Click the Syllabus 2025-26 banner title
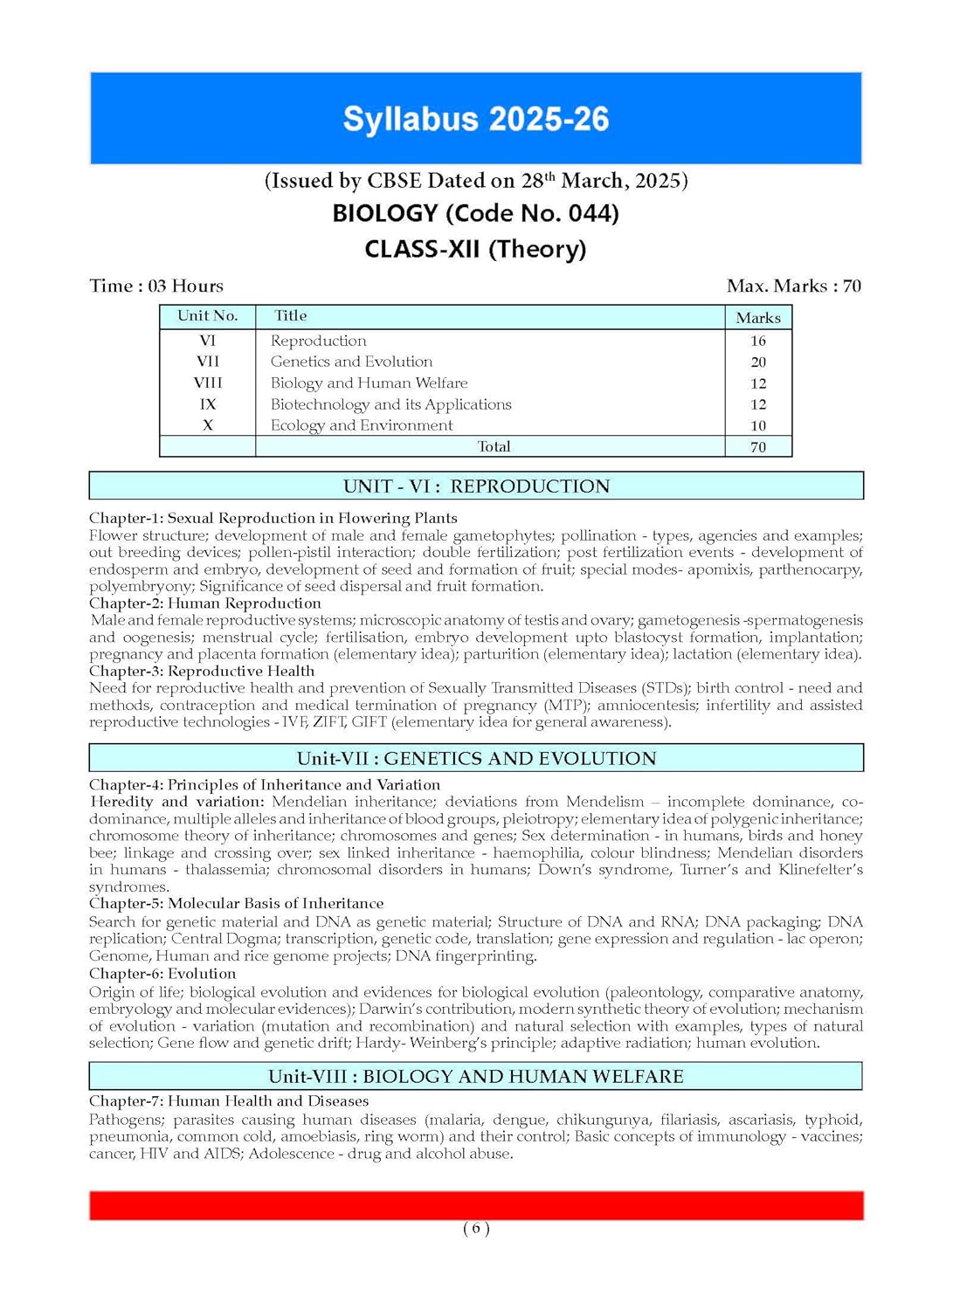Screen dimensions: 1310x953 pos(476,119)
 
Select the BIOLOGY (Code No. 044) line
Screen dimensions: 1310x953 pos(476,213)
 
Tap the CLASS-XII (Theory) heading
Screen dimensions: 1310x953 pos(476,249)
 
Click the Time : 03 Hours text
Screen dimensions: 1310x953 pos(156,286)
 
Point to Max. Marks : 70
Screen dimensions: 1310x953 pos(793,286)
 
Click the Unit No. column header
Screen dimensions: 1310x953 pos(208,316)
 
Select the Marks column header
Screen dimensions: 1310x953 pos(758,318)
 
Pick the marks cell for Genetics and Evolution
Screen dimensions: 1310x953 pos(758,362)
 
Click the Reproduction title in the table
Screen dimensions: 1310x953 pos(319,341)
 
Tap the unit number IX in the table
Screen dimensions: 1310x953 pos(208,404)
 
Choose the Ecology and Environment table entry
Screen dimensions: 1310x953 pos(362,425)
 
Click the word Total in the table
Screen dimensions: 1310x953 pos(494,446)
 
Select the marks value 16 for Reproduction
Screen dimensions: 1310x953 pos(758,341)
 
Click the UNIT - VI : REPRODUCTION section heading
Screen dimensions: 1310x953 pos(476,486)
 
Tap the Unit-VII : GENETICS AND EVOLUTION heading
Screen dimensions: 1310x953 pos(476,758)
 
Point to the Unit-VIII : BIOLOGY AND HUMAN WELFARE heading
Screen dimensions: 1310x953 pos(476,1076)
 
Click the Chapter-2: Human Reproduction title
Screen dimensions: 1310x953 pos(205,603)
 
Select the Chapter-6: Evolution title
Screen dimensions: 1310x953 pos(162,974)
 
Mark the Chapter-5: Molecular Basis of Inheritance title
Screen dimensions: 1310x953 pos(237,904)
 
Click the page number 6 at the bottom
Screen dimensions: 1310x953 pos(476,1228)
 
